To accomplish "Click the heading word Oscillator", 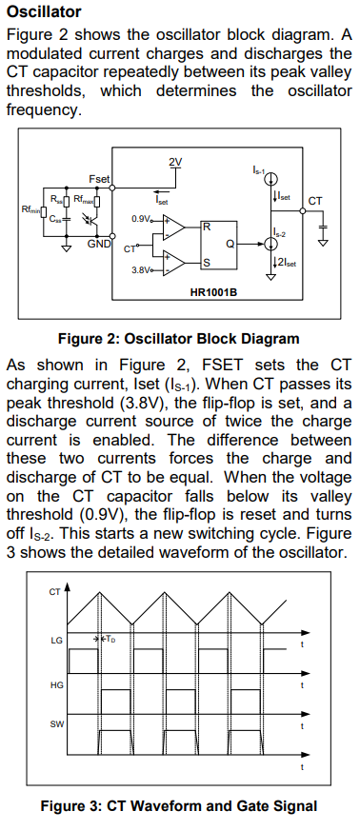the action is click(x=45, y=11).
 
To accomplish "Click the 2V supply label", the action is click(x=175, y=162).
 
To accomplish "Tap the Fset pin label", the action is click(x=99, y=179).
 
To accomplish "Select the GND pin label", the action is click(x=99, y=244).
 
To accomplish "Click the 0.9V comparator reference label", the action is click(x=140, y=219).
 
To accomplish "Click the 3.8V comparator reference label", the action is click(x=140, y=270).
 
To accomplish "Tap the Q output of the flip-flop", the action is click(x=230, y=244).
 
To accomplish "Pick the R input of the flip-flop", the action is click(x=207, y=228).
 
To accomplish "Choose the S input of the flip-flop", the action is click(x=207, y=263).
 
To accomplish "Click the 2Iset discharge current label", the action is click(x=284, y=261).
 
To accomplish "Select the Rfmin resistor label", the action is click(x=30, y=209).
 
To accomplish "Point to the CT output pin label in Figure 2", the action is click(x=315, y=201).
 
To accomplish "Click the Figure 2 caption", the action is click(x=179, y=339).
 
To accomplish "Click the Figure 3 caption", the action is click(x=179, y=806).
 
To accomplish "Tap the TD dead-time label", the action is click(x=110, y=639).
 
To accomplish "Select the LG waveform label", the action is click(x=57, y=641).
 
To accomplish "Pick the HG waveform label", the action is click(x=57, y=685).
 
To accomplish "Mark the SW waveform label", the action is click(x=57, y=724).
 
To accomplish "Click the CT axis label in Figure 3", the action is click(x=54, y=592).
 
